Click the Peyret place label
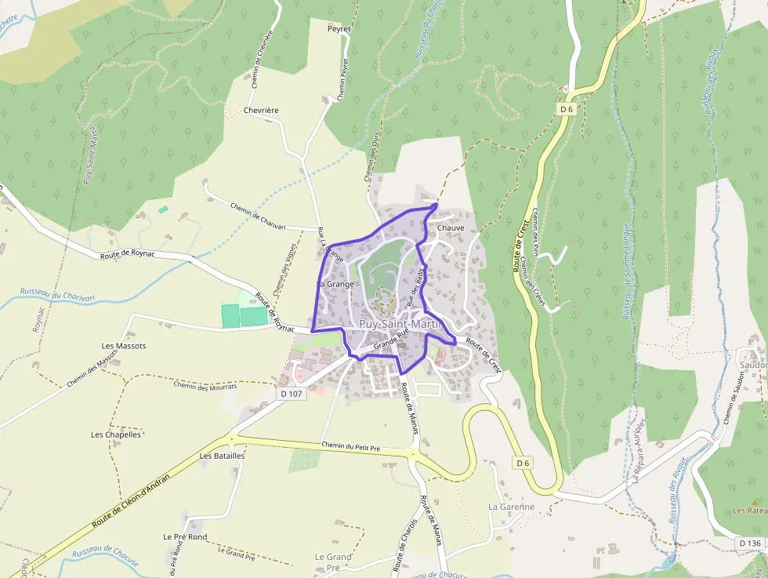(x=339, y=27)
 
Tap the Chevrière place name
(x=261, y=111)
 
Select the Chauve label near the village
(x=451, y=227)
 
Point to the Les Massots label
(x=124, y=346)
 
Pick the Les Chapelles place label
(x=116, y=434)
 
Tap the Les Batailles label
(x=223, y=455)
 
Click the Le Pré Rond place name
(x=185, y=537)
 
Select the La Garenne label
(x=511, y=507)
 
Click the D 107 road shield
(x=290, y=393)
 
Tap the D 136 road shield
(x=749, y=543)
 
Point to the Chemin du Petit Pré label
(x=350, y=447)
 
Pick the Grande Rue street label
(x=392, y=340)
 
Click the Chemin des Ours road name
(x=371, y=158)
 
